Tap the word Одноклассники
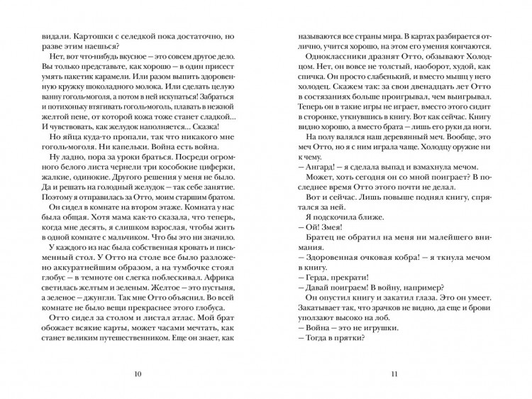(x=336, y=57)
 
